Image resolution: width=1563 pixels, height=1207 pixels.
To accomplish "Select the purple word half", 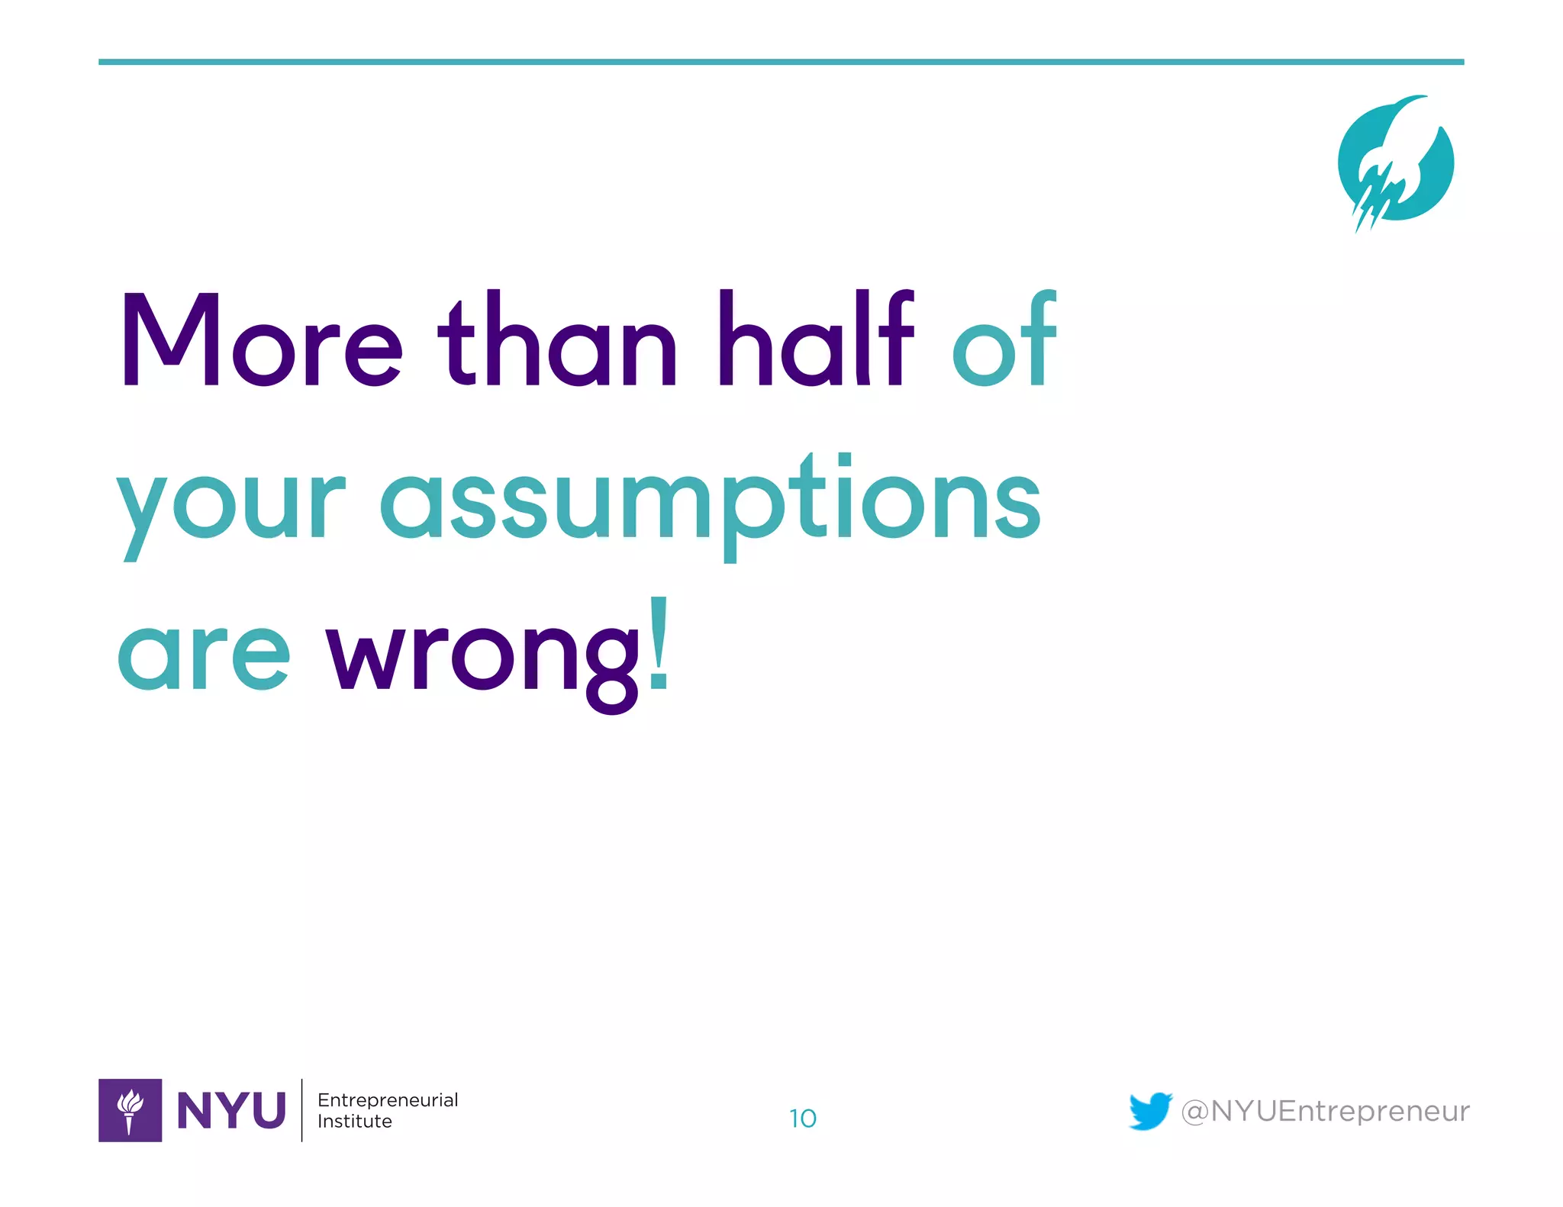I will click(815, 339).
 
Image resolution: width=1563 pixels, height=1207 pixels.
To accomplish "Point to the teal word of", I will click(1004, 339).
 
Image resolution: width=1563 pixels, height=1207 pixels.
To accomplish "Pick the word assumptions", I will click(710, 504).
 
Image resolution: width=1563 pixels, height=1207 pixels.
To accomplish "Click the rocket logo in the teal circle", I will click(1396, 163).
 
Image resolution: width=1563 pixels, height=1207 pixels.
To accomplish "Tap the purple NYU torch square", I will click(130, 1110).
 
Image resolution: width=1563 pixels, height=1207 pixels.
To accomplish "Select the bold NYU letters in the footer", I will click(231, 1110).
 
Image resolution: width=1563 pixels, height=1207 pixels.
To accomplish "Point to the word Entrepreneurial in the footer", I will click(388, 1099).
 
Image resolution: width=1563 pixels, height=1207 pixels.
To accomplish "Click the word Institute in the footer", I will click(355, 1121).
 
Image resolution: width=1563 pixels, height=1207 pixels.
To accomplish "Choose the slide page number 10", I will click(802, 1118).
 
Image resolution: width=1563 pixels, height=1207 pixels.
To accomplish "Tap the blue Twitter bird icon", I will click(1150, 1110).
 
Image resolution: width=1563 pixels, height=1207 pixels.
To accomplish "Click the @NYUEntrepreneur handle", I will click(1325, 1111).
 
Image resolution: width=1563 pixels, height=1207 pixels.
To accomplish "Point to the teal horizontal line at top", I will click(781, 62).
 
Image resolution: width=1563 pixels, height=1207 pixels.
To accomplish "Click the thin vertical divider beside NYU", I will click(302, 1110).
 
